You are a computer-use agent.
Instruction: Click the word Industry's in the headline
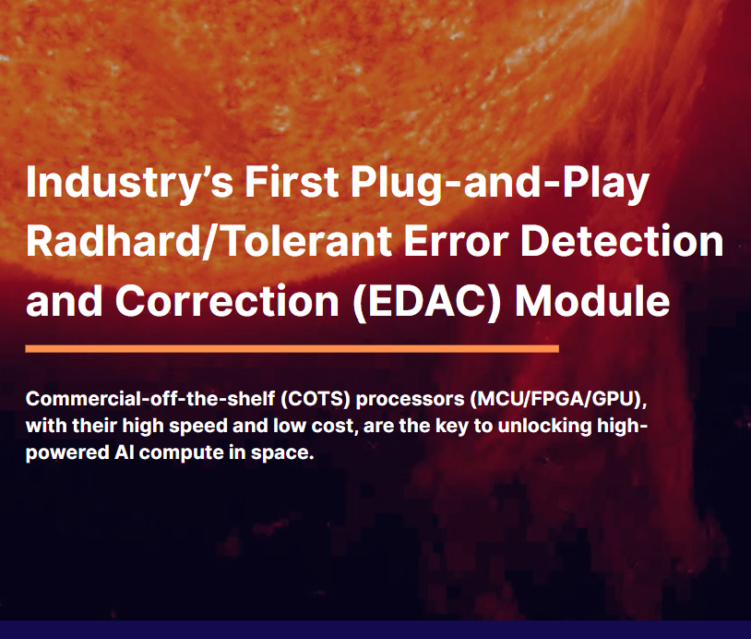click(130, 184)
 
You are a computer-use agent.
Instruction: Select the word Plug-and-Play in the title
click(499, 184)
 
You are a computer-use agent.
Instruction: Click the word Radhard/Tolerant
click(209, 242)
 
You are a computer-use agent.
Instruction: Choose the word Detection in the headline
click(622, 242)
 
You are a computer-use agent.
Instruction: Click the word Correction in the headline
click(227, 301)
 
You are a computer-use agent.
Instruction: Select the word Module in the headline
click(592, 300)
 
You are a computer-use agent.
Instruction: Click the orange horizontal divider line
click(292, 348)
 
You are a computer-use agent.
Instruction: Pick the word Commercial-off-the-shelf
click(150, 399)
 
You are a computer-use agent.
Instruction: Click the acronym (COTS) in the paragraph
click(316, 399)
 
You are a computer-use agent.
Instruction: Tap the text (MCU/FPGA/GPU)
click(558, 399)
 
